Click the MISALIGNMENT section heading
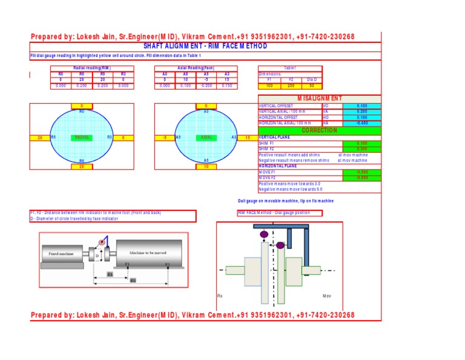(320, 98)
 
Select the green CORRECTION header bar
(320, 130)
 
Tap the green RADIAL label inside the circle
(82, 138)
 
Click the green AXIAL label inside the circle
(206, 138)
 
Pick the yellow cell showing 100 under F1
(269, 86)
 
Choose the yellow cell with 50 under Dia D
(311, 86)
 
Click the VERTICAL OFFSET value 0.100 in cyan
(361, 106)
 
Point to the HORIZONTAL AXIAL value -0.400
(361, 123)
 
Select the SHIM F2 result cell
(361, 148)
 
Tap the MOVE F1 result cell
(361, 172)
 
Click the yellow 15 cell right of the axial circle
(247, 138)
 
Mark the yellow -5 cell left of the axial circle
(164, 138)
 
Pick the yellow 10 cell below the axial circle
(206, 166)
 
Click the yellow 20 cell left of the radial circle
(39, 138)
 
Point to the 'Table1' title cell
(291, 68)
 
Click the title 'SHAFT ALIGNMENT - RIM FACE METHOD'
(205, 46)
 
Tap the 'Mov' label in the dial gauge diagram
(326, 296)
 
